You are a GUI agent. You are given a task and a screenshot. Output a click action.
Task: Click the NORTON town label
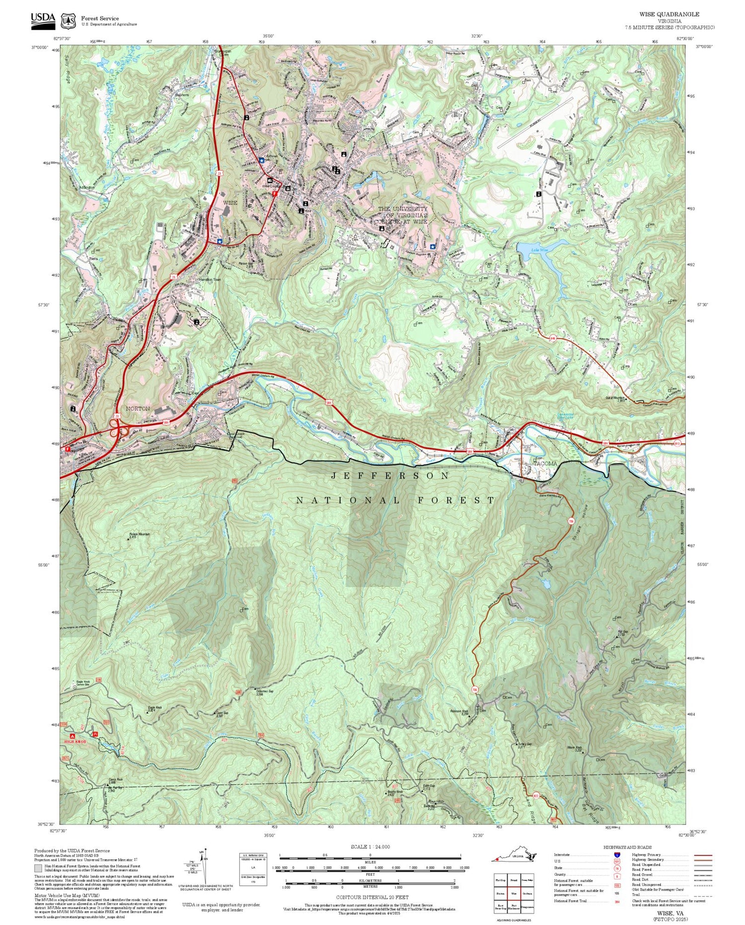(x=138, y=408)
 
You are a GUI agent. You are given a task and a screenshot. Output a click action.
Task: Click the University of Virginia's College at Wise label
(x=402, y=216)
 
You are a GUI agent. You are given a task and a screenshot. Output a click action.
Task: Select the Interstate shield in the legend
(x=617, y=854)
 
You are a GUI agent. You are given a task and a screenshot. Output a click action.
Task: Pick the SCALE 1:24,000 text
(x=370, y=847)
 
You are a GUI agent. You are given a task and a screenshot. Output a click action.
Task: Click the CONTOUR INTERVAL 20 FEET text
(x=372, y=897)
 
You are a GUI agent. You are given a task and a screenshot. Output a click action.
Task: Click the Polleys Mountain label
(x=139, y=535)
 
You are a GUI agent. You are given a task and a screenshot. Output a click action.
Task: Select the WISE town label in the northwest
(x=230, y=203)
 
